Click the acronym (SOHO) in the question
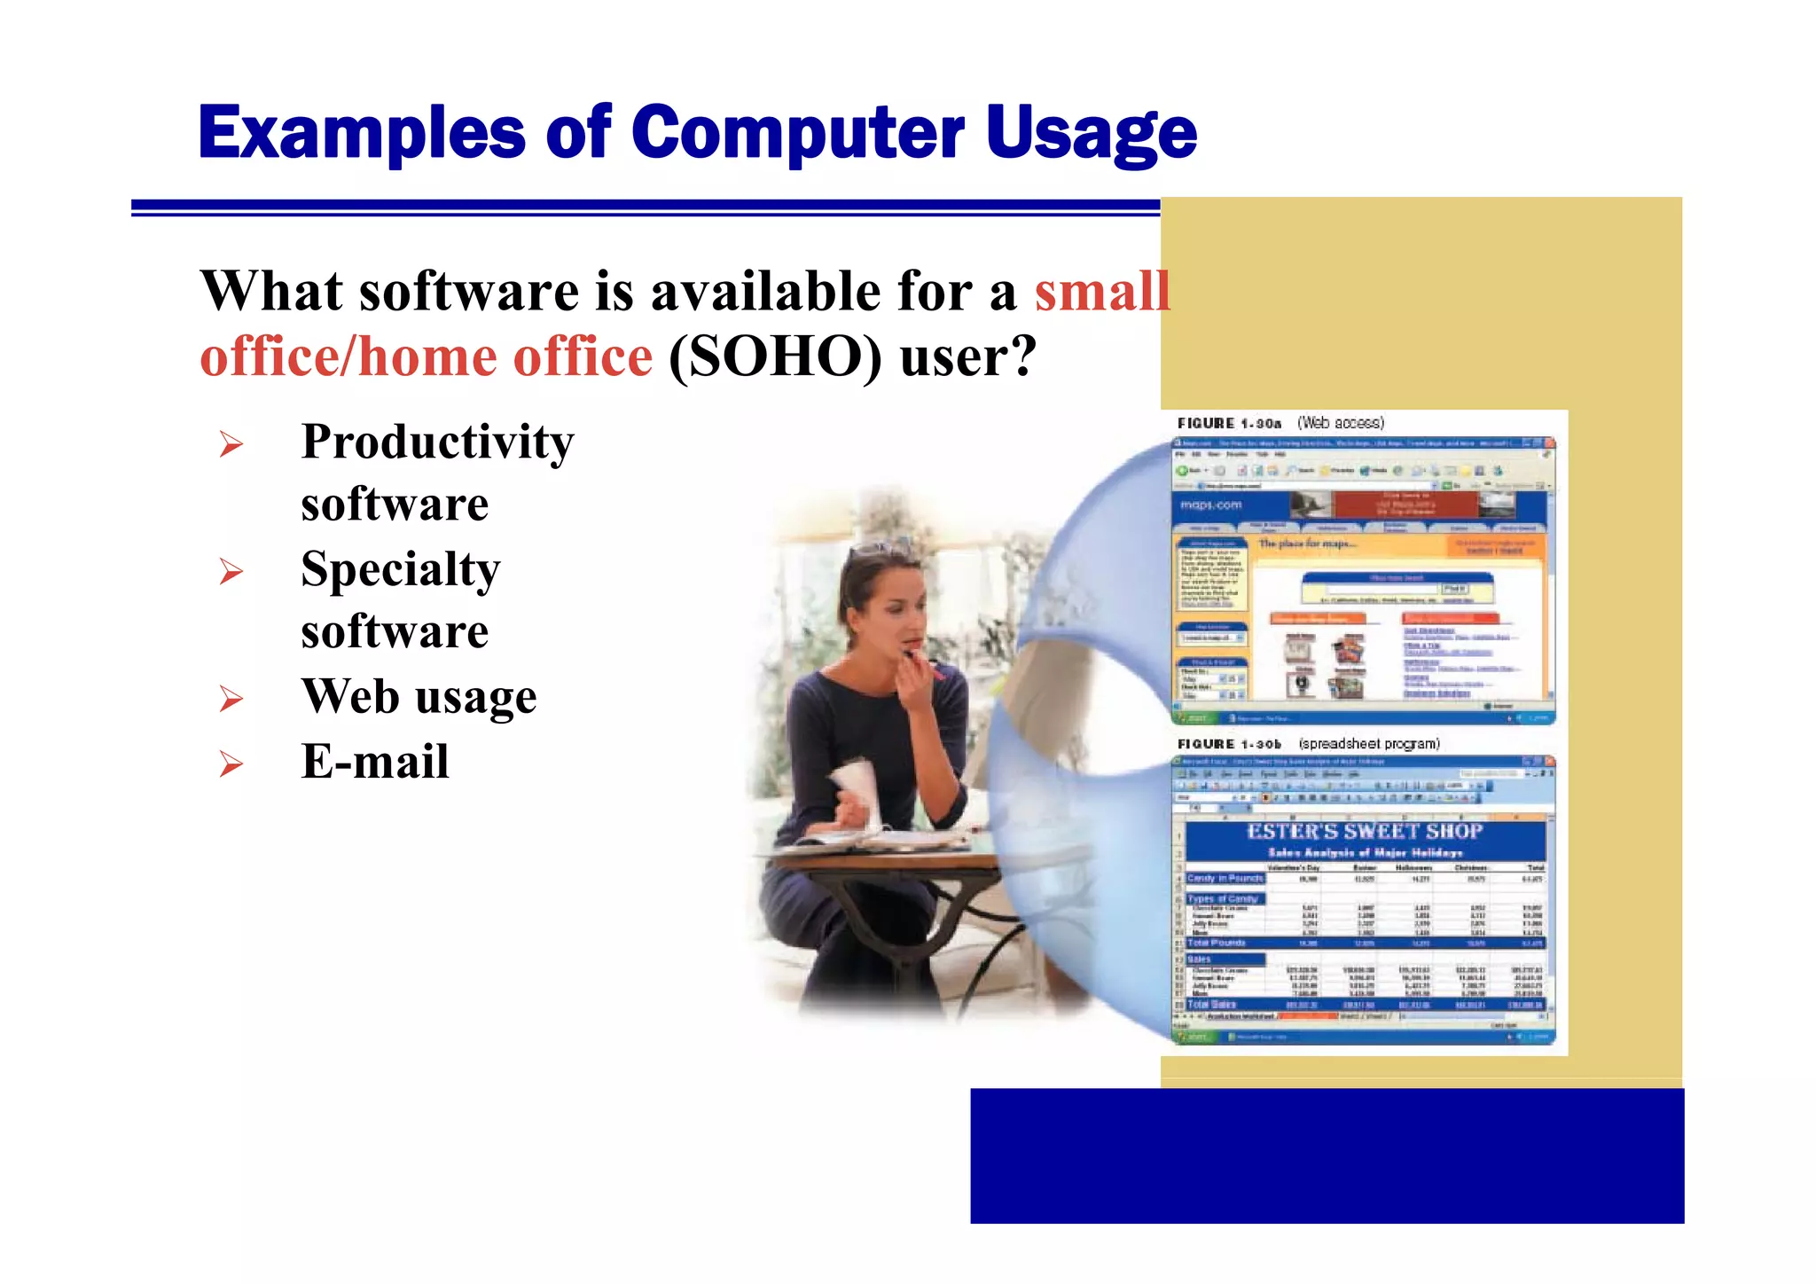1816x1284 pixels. pos(775,356)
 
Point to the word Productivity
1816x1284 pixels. pos(437,442)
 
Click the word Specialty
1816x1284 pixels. pos(400,569)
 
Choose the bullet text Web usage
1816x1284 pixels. pos(419,696)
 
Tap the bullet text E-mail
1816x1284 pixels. pos(374,761)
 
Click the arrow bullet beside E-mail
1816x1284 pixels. pos(231,763)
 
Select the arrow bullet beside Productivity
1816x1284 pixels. pos(231,443)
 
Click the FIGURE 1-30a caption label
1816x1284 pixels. pos(1229,424)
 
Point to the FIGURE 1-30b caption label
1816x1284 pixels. pos(1229,744)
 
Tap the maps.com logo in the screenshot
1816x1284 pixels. pos(1210,505)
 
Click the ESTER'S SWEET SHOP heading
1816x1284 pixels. pos(1364,831)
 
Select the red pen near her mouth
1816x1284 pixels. pos(925,665)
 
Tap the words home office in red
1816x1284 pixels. pos(505,356)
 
